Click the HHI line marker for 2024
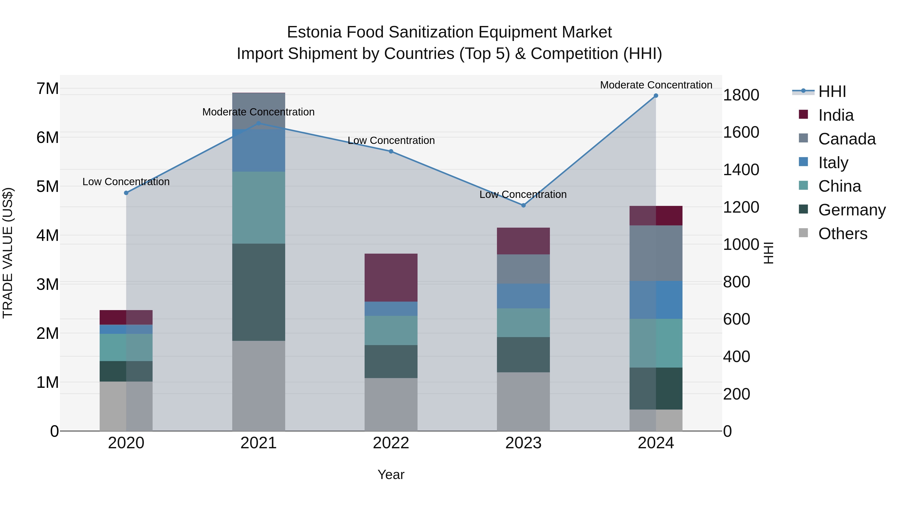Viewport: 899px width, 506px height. click(x=656, y=96)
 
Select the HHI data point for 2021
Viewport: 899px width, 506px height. click(x=259, y=123)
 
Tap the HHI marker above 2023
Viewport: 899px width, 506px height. click(x=523, y=205)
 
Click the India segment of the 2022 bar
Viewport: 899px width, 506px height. click(x=391, y=278)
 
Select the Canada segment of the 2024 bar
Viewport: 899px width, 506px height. click(x=656, y=253)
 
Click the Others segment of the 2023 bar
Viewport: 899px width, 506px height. click(x=523, y=402)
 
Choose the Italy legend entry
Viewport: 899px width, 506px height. click(x=833, y=163)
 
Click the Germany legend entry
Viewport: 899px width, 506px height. click(x=852, y=210)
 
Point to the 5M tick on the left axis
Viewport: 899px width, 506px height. click(x=48, y=186)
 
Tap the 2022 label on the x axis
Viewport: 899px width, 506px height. click(x=391, y=443)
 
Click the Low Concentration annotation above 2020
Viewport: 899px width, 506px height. click(x=126, y=182)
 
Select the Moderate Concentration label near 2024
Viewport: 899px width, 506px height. click(x=656, y=85)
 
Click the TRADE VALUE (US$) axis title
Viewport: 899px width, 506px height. click(x=8, y=253)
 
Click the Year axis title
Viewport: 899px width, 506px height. click(x=391, y=475)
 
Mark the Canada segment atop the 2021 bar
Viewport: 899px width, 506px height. click(x=259, y=111)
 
